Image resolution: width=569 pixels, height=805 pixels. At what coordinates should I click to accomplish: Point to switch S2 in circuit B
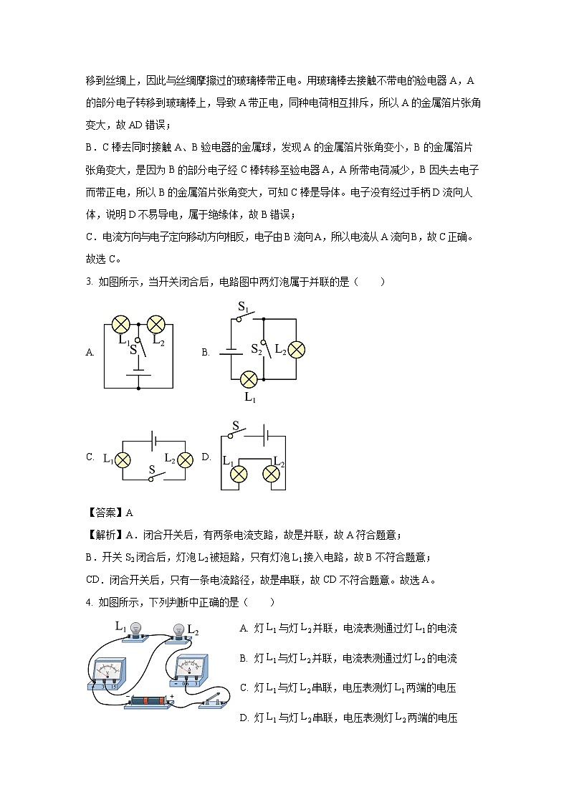tap(266, 349)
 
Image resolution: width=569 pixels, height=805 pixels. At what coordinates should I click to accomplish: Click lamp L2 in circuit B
tap(296, 349)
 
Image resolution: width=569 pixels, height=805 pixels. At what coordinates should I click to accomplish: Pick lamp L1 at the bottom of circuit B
tap(249, 379)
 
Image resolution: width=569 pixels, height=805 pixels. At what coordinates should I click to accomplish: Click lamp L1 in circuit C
tap(124, 459)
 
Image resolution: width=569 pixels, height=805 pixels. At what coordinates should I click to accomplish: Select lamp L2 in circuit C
tap(186, 459)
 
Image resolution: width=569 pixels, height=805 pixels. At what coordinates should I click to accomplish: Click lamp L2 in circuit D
tap(272, 473)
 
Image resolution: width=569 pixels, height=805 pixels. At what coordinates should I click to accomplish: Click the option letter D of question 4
tap(244, 718)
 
